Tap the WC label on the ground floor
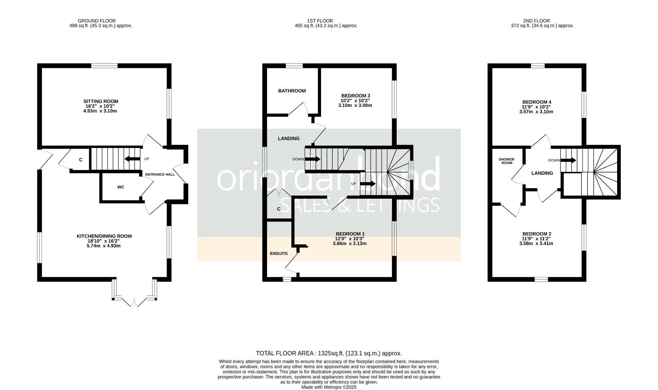click(121, 187)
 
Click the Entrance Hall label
click(160, 174)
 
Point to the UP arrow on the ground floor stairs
click(132, 159)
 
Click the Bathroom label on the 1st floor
click(292, 91)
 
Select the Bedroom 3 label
click(356, 96)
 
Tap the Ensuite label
click(279, 253)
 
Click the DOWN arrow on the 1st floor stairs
click(313, 159)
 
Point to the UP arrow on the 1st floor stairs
click(368, 184)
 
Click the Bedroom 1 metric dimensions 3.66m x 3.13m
click(349, 243)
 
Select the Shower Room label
click(506, 161)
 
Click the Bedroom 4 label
click(537, 102)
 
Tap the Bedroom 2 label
click(537, 234)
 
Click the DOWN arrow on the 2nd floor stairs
click(568, 160)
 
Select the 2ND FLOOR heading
click(536, 21)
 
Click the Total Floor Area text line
click(328, 353)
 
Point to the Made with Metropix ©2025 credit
click(329, 387)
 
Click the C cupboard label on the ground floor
click(81, 160)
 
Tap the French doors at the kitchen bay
click(134, 303)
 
